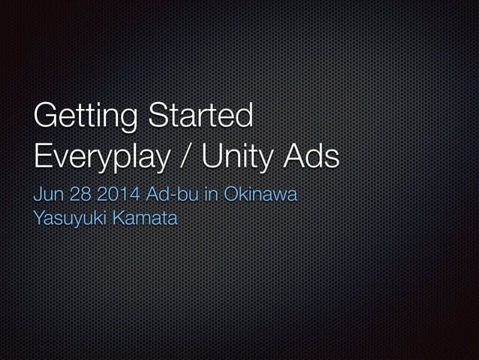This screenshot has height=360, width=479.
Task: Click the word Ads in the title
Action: tap(314, 156)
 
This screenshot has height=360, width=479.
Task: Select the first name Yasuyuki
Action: tap(67, 219)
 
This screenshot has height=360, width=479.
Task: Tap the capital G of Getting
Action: tap(47, 117)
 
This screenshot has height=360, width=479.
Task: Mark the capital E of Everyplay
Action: tap(43, 156)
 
